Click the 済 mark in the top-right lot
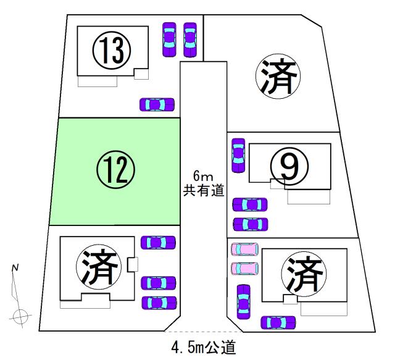click(277, 78)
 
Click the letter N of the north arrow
click(16, 267)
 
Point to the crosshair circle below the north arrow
click(20, 316)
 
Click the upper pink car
click(244, 249)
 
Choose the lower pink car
click(244, 269)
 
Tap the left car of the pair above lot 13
click(168, 40)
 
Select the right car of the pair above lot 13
click(190, 40)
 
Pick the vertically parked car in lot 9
click(238, 156)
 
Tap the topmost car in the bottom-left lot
click(158, 243)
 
